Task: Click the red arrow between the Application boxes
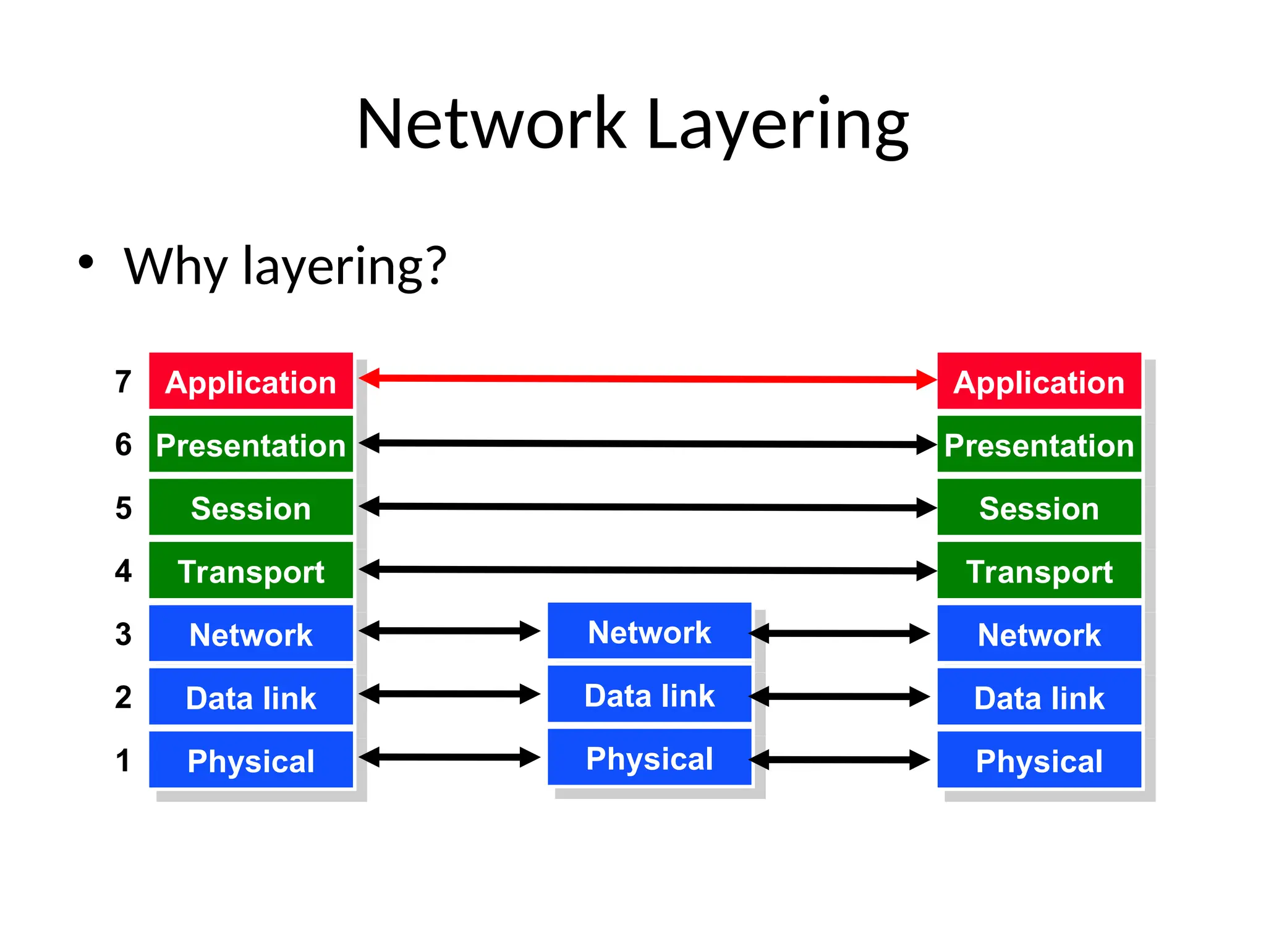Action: pyautogui.click(x=647, y=379)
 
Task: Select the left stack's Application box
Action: pyautogui.click(x=251, y=382)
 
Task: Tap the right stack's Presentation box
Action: pyautogui.click(x=1039, y=445)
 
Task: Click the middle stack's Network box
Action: pyautogui.click(x=649, y=631)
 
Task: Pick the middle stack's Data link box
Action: pyautogui.click(x=649, y=694)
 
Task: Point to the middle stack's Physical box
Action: pyautogui.click(x=649, y=758)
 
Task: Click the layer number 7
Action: pyautogui.click(x=123, y=382)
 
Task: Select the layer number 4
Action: pyautogui.click(x=123, y=571)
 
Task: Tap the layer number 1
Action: pyautogui.click(x=123, y=761)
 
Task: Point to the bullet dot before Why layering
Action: pyautogui.click(x=86, y=262)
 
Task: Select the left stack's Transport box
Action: pyautogui.click(x=251, y=571)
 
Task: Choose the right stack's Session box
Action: pyautogui.click(x=1039, y=508)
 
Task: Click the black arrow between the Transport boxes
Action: pyautogui.click(x=647, y=570)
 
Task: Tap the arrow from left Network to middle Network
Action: pyautogui.click(x=449, y=631)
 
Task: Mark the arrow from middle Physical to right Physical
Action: pyautogui.click(x=839, y=759)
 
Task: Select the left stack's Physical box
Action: pyautogui.click(x=251, y=761)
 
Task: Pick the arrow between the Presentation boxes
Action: pyautogui.click(x=647, y=444)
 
